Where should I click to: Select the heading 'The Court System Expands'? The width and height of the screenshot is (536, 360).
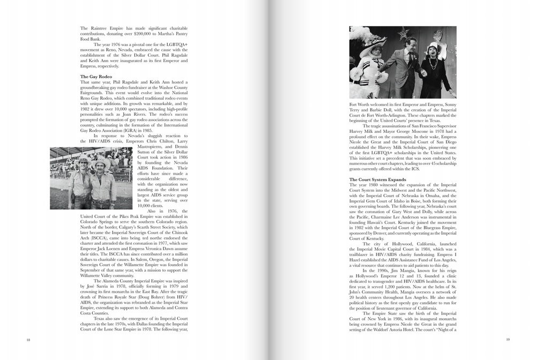tap(377, 179)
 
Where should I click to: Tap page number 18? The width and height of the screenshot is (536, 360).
tap(28, 340)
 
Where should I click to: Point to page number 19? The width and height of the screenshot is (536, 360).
tap(507, 340)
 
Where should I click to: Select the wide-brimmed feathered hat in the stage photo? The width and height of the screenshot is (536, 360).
tap(366, 39)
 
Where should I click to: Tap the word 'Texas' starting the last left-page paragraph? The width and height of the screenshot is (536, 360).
tap(100, 319)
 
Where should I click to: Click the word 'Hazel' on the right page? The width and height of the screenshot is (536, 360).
tap(356, 260)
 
